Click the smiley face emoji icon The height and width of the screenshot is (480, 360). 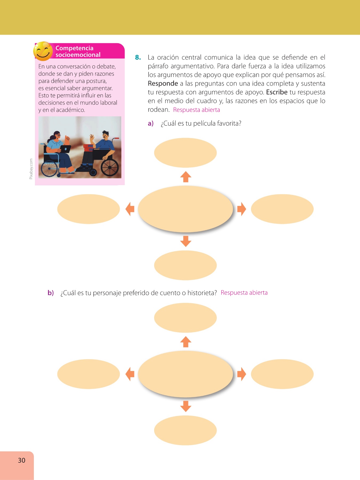click(x=43, y=51)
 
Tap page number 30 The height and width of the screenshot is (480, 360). click(x=22, y=460)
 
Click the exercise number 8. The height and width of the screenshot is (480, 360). click(x=138, y=57)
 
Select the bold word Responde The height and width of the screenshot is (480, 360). click(x=163, y=83)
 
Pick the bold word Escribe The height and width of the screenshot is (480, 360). click(x=277, y=92)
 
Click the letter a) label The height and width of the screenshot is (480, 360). click(x=151, y=123)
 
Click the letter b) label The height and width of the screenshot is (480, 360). click(x=51, y=293)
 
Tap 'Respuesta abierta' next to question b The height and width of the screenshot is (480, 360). click(x=244, y=293)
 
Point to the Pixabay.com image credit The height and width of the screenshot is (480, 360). click(x=31, y=169)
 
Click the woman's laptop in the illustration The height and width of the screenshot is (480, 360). click(x=65, y=149)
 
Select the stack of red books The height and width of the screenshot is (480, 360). click(x=88, y=147)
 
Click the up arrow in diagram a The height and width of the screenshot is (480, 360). click(x=186, y=177)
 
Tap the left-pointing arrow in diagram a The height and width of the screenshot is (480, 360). click(x=130, y=209)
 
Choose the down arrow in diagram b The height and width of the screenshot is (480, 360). click(x=186, y=406)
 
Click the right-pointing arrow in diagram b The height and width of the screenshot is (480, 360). click(x=241, y=374)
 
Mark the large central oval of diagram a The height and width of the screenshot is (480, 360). click(x=185, y=209)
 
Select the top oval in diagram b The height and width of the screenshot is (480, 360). click(x=185, y=318)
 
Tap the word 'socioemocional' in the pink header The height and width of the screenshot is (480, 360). click(x=78, y=55)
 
